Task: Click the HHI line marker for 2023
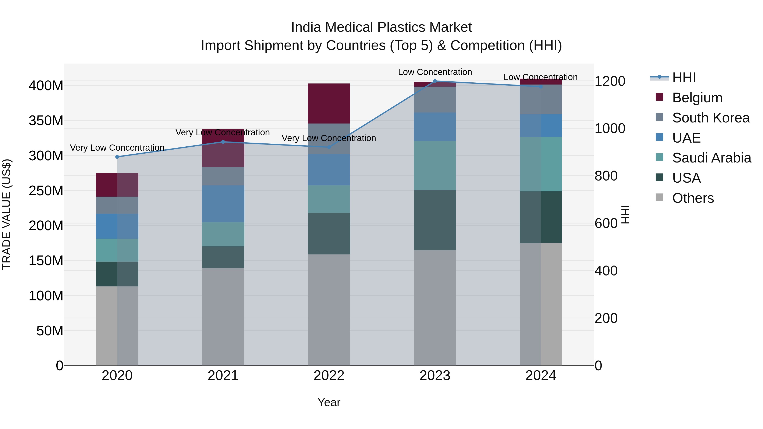435,81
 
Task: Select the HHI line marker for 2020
117,157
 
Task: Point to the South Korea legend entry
711,118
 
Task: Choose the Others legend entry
693,198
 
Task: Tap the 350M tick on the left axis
46,121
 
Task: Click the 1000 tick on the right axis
610,129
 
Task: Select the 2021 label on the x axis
223,376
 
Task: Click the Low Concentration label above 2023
435,72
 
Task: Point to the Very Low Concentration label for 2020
117,147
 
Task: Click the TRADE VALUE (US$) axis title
7,214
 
